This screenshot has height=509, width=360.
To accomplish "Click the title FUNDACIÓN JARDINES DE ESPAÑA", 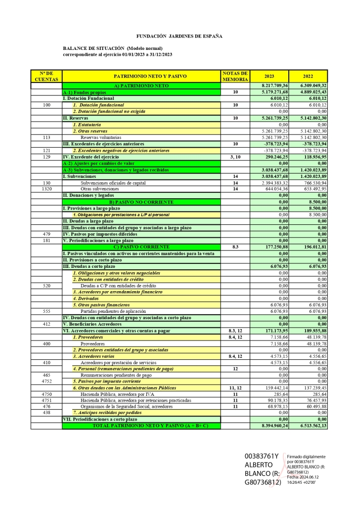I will click(180, 36).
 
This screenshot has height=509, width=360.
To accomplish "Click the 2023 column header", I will click(269, 76).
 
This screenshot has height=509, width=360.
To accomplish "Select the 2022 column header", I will click(308, 76).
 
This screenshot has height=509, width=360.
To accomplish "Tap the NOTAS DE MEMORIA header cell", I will click(235, 76).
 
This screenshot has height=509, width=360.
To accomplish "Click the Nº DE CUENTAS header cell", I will click(46, 76).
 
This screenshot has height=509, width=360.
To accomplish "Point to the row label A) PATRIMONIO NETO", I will click(141, 86).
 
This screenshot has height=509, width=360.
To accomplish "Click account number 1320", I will click(46, 189).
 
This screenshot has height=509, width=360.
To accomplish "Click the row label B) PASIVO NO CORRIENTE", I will click(141, 202).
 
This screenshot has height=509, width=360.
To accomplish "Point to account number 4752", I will click(46, 381).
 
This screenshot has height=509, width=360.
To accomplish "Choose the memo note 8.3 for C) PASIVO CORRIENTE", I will click(235, 247).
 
